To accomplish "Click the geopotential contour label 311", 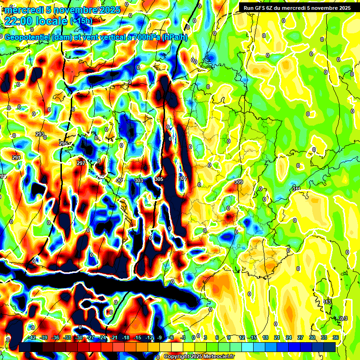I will pos(296,189).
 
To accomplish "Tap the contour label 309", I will pos(239,182).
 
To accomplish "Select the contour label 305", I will pos(159,180).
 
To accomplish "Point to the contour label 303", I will pos(138,180).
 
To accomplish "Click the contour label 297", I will pos(81,163).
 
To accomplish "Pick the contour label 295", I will pos(63,143).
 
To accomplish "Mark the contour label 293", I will pos(40,135).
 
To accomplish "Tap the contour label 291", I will pos(16,157).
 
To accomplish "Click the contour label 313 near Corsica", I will pos(327,302).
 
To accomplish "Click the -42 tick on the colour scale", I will pos(32,337).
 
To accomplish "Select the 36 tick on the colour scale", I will pos(336,337).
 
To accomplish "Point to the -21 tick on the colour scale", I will pos(113,337).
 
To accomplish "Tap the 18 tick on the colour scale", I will pos(265,337).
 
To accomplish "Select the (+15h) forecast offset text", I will pos(81,21).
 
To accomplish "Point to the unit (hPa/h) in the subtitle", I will pos(174,37).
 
